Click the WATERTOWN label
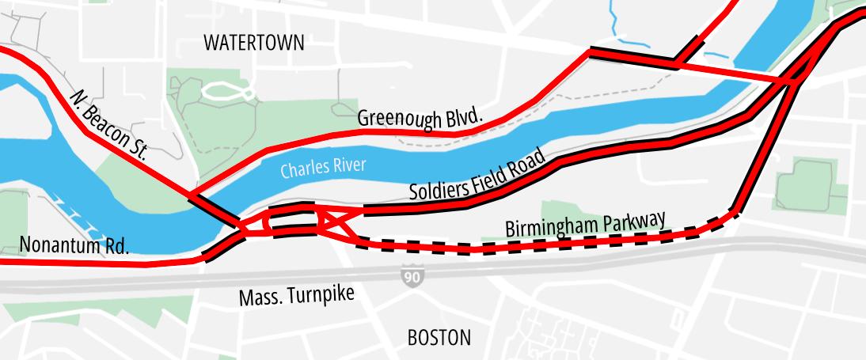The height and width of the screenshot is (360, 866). coord(253,43)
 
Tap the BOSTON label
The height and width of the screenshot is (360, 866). coord(439,338)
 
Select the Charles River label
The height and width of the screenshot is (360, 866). coord(323,168)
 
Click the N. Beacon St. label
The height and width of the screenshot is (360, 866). coord(109,125)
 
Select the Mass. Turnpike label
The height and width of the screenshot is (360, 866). coord(297,297)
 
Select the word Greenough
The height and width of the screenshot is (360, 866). coord(399,119)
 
